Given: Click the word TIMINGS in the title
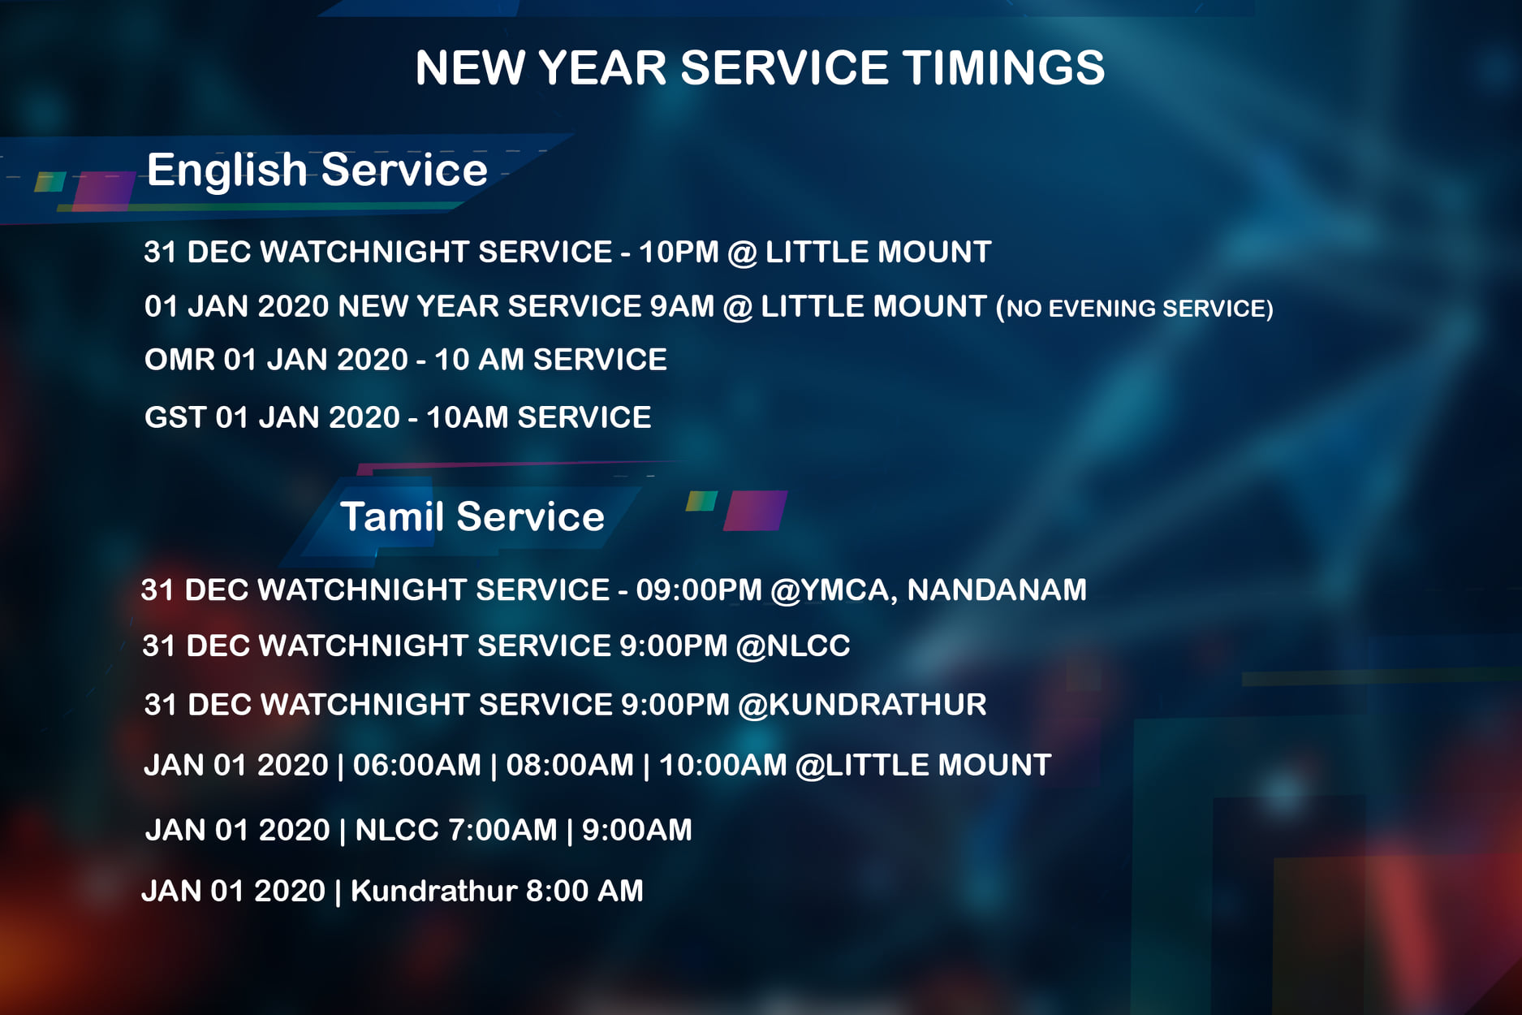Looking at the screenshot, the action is (1003, 67).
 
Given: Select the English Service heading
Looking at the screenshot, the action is (317, 171).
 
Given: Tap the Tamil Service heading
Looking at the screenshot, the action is (472, 516).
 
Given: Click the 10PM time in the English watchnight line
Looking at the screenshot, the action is (679, 252).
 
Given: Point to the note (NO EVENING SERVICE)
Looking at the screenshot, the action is (1135, 309).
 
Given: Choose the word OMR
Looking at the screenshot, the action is (179, 360).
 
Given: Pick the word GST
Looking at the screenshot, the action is (175, 417).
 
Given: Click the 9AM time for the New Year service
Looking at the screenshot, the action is (682, 306).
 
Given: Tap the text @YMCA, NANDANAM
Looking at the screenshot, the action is (928, 590).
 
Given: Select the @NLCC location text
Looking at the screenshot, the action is (793, 646).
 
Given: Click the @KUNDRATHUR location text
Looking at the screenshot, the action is (862, 705).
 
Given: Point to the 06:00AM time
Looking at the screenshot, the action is (417, 765).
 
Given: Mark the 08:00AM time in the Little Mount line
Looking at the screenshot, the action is (570, 765).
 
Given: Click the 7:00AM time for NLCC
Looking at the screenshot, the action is (502, 830).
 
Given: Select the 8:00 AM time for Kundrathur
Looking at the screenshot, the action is (584, 891).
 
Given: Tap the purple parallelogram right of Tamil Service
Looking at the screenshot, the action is (755, 510).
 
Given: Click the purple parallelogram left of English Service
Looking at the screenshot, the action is (104, 191).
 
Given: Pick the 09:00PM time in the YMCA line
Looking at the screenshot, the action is (699, 590).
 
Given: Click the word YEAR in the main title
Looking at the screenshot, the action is (602, 67).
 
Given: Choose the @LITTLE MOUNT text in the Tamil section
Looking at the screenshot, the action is (924, 765).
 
